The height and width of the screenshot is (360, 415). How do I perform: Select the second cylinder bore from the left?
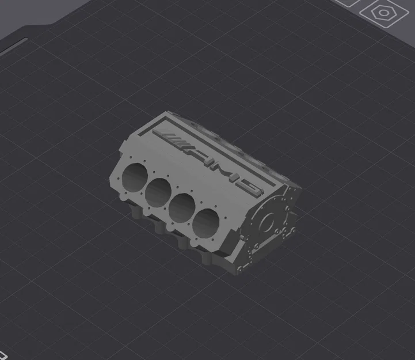click(x=158, y=191)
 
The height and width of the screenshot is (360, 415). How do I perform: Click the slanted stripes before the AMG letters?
click(x=172, y=139)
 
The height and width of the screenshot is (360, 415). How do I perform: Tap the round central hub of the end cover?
click(x=268, y=221)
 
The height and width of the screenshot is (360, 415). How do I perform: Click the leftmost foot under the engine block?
click(x=136, y=211)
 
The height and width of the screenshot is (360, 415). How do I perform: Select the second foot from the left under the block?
click(x=159, y=226)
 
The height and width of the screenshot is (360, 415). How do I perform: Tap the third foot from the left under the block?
click(x=184, y=242)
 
